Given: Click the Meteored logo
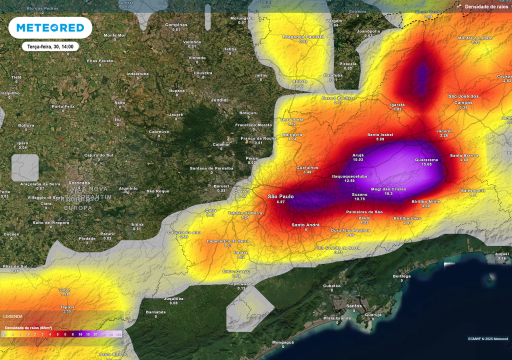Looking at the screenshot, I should [50, 28].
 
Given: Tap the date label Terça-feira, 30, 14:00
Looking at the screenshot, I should [50, 46].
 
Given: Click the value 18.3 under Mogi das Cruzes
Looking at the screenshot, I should [388, 193].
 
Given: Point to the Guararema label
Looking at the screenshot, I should [426, 160].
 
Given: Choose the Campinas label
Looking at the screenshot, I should [176, 24].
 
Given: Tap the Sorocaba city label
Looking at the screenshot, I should [79, 183].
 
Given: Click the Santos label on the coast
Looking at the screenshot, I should [354, 305].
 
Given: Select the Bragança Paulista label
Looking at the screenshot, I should [303, 36].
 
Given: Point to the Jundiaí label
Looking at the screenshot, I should [219, 99].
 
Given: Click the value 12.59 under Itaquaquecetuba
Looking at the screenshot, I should [349, 181].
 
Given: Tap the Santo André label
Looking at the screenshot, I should [305, 225].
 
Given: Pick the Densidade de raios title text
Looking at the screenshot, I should [486, 6].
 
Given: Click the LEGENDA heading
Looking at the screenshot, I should [13, 316].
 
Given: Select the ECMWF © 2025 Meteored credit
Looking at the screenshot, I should [487, 339].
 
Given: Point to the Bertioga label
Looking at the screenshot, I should [401, 276].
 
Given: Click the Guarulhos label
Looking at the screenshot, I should [307, 167].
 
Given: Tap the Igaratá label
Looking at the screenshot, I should [397, 104].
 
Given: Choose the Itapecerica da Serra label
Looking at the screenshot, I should [227, 241].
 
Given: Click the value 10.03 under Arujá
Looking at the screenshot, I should [358, 159].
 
